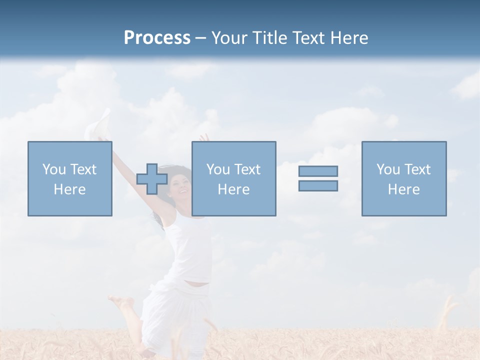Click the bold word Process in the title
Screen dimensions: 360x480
(157, 38)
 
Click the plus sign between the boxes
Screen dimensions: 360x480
(152, 179)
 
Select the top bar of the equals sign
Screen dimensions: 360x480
(318, 171)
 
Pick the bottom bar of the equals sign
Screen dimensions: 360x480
(318, 185)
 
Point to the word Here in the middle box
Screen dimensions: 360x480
(233, 189)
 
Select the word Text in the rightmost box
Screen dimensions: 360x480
(417, 169)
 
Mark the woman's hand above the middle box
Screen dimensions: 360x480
(204, 137)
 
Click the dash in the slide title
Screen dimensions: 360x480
(200, 38)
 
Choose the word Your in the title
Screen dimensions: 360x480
(229, 38)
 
